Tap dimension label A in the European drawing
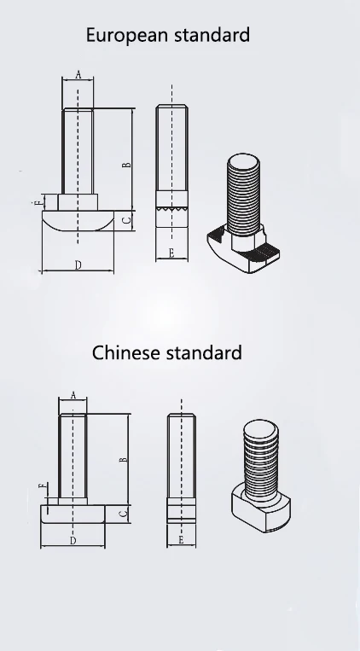coord(78,74)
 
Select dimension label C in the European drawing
coord(126,221)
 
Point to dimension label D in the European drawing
coord(78,265)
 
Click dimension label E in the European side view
coord(171,253)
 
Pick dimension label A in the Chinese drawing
coord(73,395)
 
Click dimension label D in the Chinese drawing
coord(73,540)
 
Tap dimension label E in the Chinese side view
coord(181,540)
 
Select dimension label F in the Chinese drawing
coord(41,485)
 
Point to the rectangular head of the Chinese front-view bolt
coord(73,514)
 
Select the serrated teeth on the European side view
coord(171,207)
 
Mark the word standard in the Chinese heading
coord(205,352)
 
